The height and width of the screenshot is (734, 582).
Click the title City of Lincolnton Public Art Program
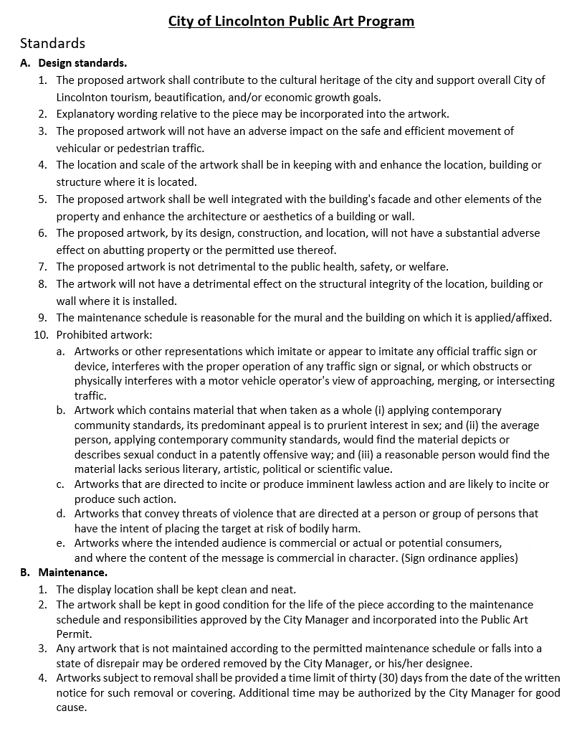point(291,21)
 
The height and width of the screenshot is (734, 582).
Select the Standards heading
point(52,44)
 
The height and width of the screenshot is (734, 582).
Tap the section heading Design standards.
point(82,63)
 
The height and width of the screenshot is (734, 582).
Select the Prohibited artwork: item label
point(104,335)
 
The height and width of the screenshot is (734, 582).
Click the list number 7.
point(42,267)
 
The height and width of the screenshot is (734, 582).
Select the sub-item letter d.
point(61,514)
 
